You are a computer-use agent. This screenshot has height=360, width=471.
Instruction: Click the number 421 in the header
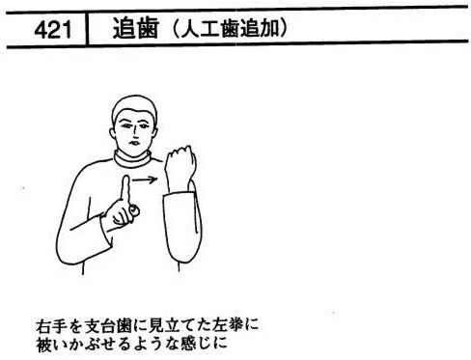pyautogui.click(x=52, y=30)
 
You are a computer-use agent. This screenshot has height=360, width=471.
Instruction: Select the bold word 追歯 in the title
pyautogui.click(x=135, y=28)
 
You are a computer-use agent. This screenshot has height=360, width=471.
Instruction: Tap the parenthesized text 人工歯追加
pyautogui.click(x=230, y=29)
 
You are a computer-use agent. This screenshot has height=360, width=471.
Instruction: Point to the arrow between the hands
pyautogui.click(x=145, y=180)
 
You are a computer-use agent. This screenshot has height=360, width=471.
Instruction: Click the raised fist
pyautogui.click(x=180, y=162)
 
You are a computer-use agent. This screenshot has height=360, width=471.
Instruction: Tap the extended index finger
pyautogui.click(x=125, y=190)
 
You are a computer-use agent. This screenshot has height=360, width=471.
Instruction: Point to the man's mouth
pyautogui.click(x=134, y=142)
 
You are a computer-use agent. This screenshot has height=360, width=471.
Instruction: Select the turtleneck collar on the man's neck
pyautogui.click(x=132, y=159)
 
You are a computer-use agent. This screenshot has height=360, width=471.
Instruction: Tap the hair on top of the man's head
pyautogui.click(x=134, y=105)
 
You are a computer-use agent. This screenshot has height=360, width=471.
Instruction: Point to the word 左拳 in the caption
pyautogui.click(x=227, y=326)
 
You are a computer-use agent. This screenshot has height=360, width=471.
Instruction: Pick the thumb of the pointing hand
pyautogui.click(x=133, y=210)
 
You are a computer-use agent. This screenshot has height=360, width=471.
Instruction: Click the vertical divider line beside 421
pyautogui.click(x=87, y=29)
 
